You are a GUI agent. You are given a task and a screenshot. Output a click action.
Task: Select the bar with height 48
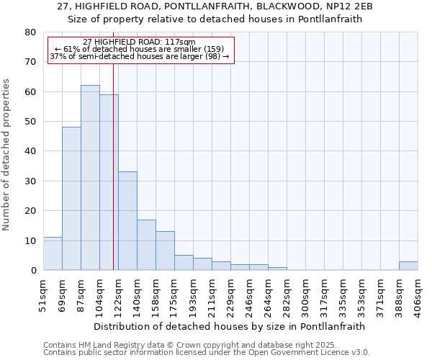(x=71, y=199)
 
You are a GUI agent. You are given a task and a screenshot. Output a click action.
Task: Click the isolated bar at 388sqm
(x=408, y=266)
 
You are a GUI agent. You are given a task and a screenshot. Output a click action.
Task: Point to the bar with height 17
(x=146, y=245)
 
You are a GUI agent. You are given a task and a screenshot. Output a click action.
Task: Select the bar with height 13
(x=165, y=251)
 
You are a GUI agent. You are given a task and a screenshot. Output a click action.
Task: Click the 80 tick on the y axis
(x=30, y=32)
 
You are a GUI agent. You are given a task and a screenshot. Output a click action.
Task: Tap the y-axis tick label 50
(x=30, y=122)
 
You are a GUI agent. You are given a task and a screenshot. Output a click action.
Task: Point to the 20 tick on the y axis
(x=30, y=211)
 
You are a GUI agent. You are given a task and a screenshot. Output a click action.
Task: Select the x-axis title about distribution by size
(x=230, y=326)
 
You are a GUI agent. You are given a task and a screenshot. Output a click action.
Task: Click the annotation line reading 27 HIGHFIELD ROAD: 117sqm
(x=139, y=42)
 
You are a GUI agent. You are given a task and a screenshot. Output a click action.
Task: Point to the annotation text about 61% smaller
(x=140, y=49)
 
